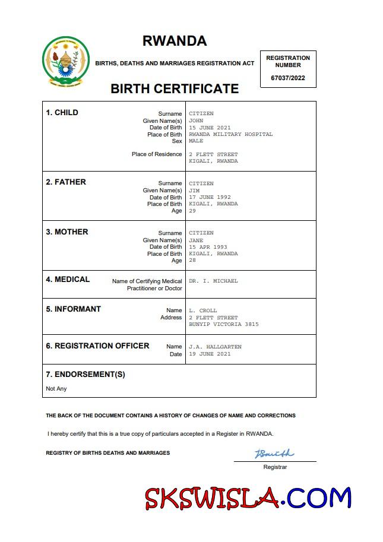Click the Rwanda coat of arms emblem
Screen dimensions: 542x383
(66, 61)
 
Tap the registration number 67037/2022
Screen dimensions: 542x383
(288, 78)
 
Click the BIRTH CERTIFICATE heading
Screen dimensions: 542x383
(175, 89)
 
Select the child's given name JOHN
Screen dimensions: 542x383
(196, 121)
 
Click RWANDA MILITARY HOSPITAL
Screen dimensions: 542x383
(230, 134)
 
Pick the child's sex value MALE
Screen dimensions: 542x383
(196, 141)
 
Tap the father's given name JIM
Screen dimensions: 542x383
(194, 191)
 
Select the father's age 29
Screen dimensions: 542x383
(192, 211)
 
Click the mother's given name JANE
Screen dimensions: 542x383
(196, 240)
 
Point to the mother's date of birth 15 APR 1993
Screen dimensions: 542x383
(208, 247)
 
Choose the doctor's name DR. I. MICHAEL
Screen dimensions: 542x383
(213, 281)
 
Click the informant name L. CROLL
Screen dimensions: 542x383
(203, 310)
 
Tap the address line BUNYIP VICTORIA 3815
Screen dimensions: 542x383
(223, 325)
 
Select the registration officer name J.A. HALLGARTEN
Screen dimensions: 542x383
(215, 347)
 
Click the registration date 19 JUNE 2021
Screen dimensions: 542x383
(210, 354)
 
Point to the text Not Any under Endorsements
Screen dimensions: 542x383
(56, 389)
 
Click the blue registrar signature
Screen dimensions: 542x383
(274, 454)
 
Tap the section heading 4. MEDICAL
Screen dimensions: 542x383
(68, 280)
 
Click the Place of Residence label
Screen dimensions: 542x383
(157, 154)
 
